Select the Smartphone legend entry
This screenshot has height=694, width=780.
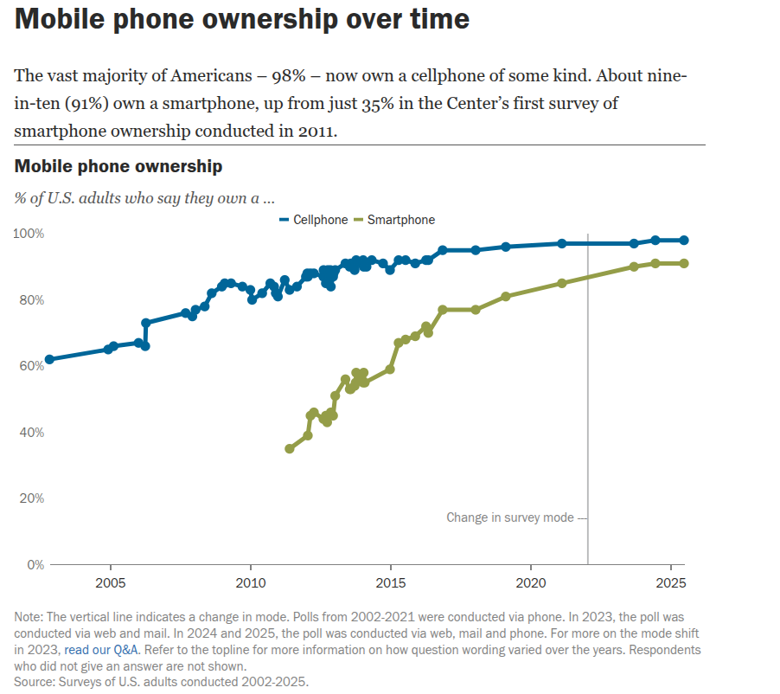coord(393,220)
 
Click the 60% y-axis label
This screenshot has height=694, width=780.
coord(32,366)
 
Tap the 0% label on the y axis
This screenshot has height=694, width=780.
coord(35,564)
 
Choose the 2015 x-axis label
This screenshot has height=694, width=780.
coord(391,582)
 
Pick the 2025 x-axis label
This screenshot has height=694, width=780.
coord(671,582)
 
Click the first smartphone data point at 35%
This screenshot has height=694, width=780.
coord(290,448)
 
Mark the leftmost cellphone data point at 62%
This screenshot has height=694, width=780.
coord(49,359)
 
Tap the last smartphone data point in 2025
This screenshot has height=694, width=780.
coord(684,263)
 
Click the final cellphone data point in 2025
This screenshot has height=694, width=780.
coord(684,241)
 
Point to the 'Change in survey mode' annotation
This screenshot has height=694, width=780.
coord(510,517)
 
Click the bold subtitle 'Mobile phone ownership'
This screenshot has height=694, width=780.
coord(118,166)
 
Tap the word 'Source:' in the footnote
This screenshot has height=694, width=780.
coord(35,681)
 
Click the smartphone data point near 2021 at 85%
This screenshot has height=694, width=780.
coord(562,283)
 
